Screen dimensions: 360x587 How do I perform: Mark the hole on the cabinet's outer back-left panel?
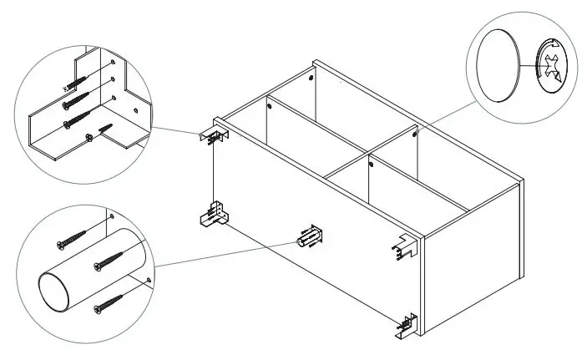click(311, 77)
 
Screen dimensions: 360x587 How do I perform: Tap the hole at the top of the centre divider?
click(269, 106)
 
